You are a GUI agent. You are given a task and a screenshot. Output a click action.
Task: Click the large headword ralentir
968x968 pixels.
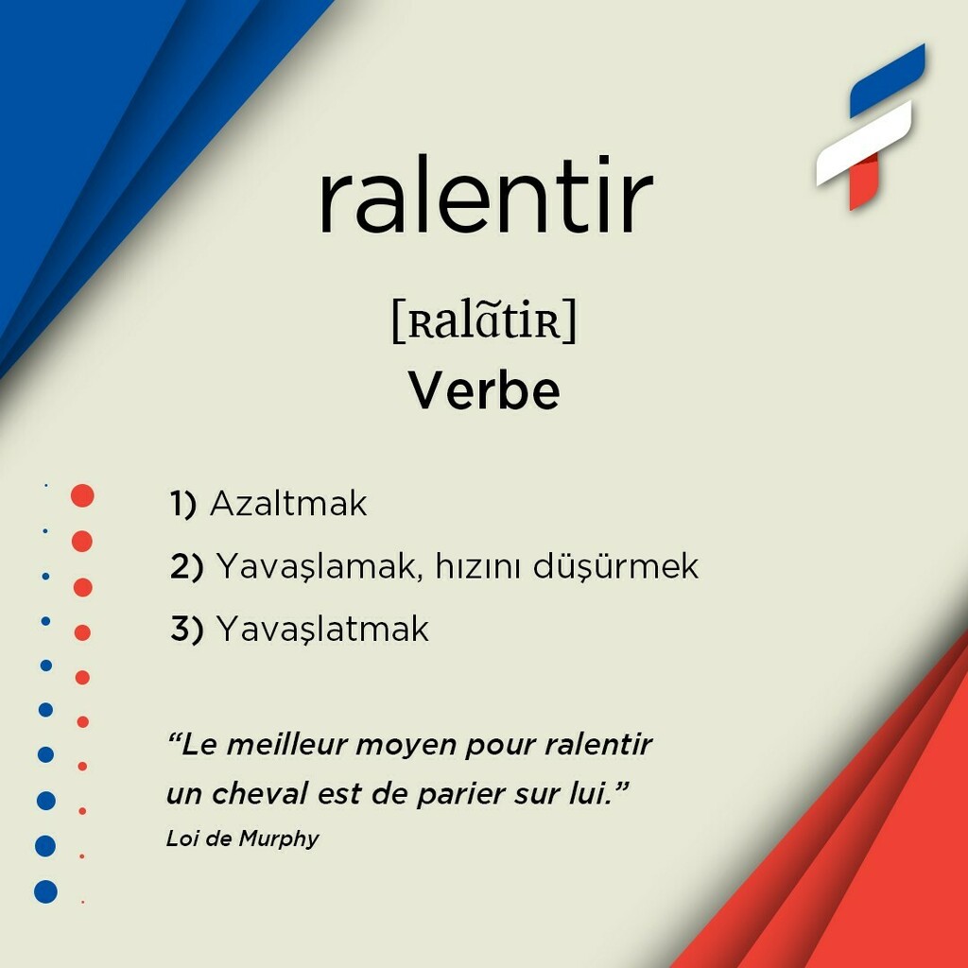(x=485, y=199)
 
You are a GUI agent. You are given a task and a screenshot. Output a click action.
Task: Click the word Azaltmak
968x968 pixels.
(x=287, y=504)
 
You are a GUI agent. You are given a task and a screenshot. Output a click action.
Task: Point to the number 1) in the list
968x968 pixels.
(x=182, y=504)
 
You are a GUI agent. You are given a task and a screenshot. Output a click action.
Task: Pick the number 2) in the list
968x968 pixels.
(x=186, y=566)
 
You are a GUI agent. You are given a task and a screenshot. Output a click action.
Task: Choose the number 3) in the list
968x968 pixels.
(x=186, y=629)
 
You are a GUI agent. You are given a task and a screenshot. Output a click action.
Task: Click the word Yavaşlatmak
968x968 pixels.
(x=322, y=629)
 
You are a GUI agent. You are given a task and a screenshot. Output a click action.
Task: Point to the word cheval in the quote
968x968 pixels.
(x=259, y=794)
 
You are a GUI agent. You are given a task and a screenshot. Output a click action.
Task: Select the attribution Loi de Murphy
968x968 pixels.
(x=242, y=838)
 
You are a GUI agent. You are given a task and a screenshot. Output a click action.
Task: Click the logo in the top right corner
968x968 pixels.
(x=871, y=128)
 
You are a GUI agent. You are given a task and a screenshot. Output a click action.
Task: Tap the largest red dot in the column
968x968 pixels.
(x=82, y=495)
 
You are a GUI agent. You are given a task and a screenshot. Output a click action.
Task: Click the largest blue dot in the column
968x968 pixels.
(x=45, y=891)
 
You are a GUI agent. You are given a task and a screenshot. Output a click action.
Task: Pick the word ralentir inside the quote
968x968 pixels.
(x=598, y=745)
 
